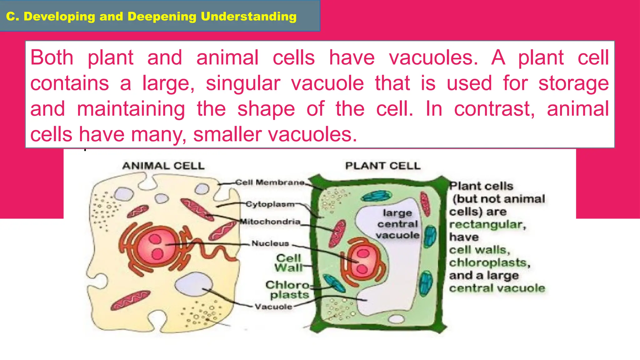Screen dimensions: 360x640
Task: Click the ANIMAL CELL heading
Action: tap(163, 166)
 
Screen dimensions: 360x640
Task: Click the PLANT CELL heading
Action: tap(383, 166)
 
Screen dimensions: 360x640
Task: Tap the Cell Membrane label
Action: tap(270, 182)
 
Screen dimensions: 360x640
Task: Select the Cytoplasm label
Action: tap(270, 204)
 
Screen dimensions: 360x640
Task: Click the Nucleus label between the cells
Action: tap(270, 243)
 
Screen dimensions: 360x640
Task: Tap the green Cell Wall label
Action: tap(288, 263)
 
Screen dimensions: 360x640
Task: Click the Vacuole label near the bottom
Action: tap(273, 307)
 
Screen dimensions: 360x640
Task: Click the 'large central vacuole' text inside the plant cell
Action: tap(397, 224)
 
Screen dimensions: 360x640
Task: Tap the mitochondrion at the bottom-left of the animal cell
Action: tap(130, 300)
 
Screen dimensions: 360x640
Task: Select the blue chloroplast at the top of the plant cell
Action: tap(376, 196)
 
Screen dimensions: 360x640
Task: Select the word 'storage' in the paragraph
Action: tap(573, 83)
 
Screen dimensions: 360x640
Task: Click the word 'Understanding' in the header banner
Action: tap(248, 16)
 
